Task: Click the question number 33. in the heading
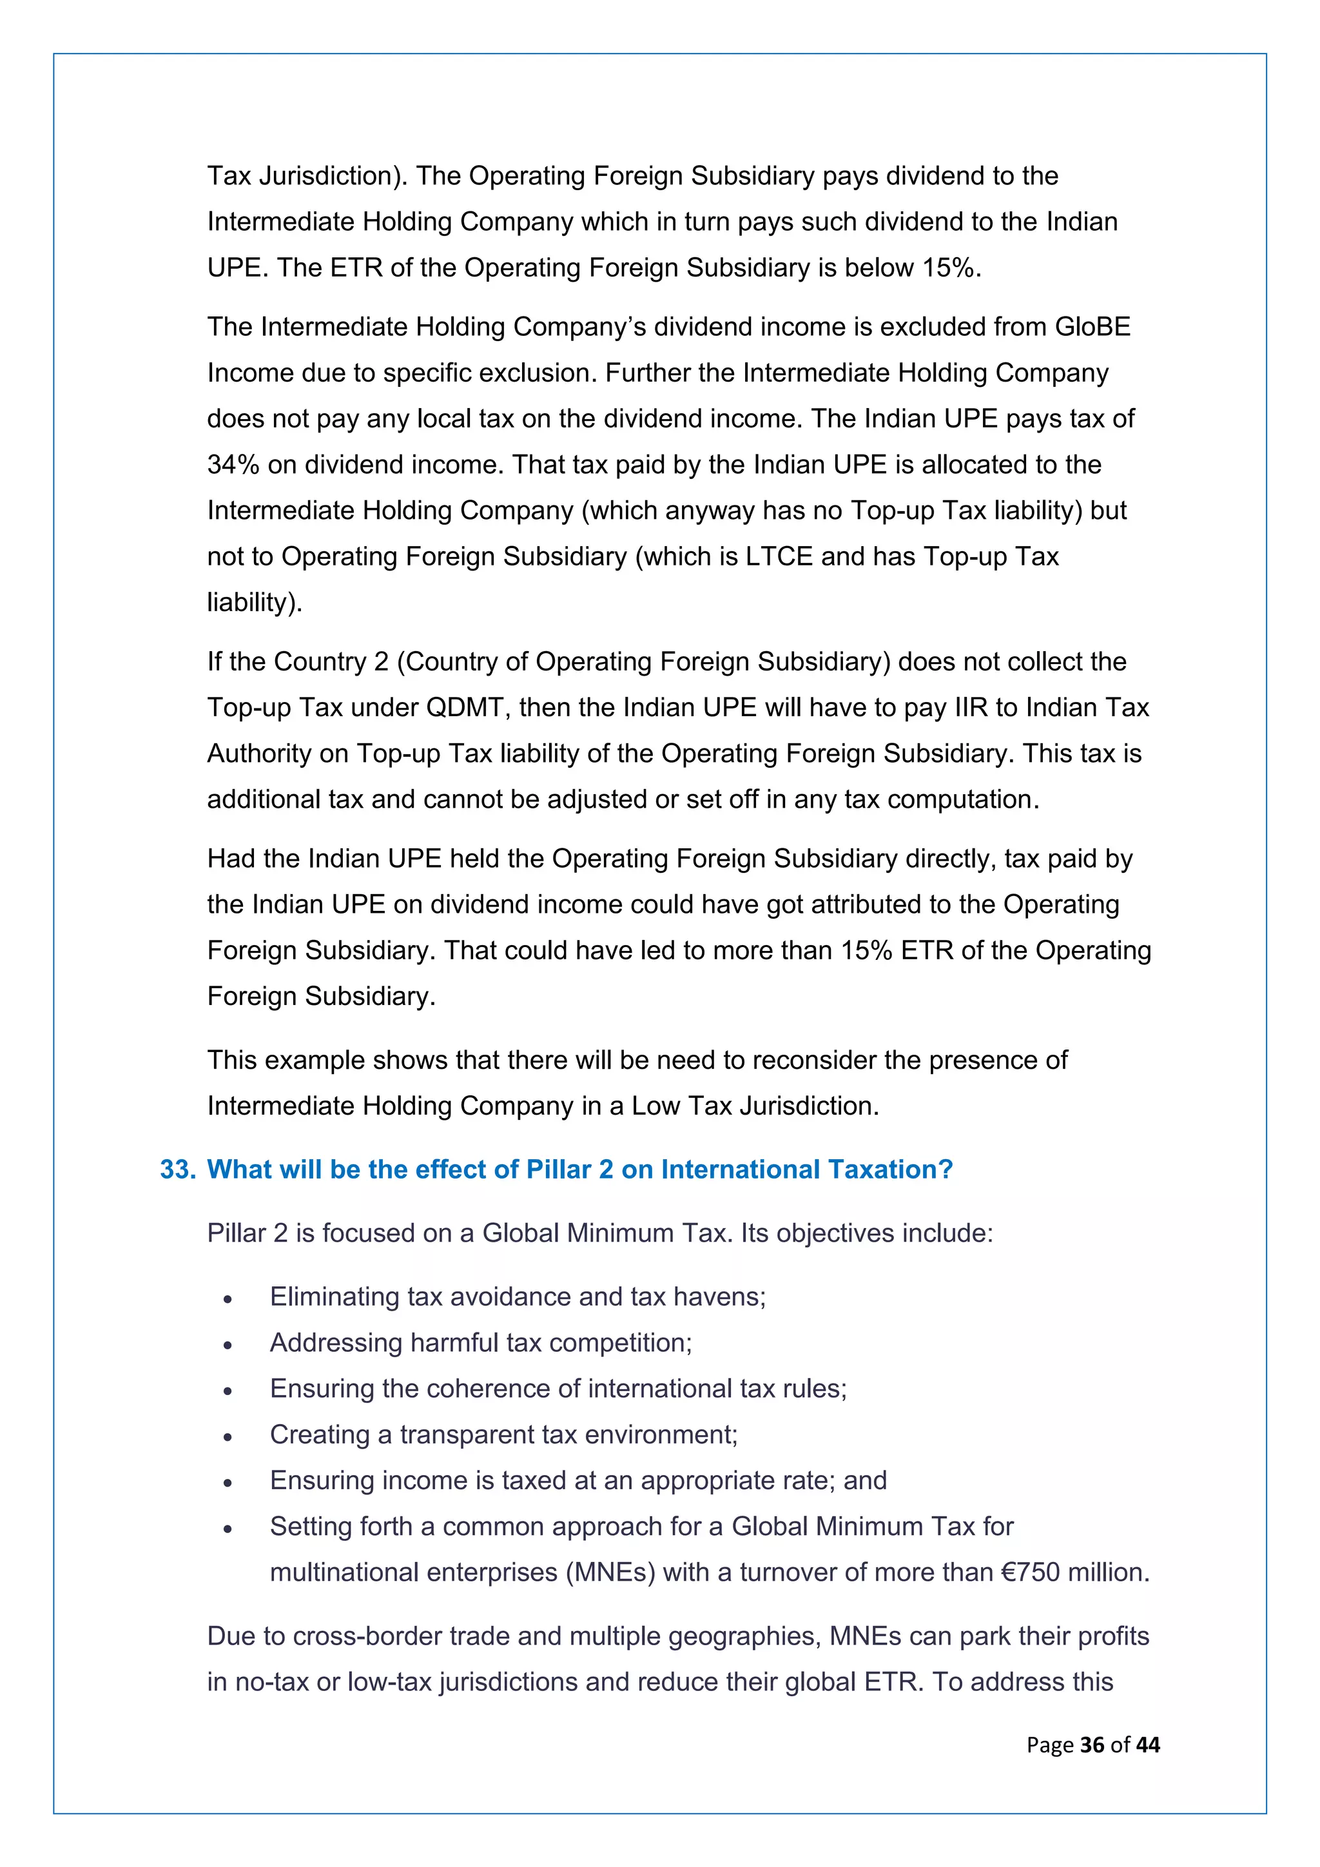(177, 1169)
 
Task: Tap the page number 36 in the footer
(1092, 1745)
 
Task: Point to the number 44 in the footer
(1148, 1745)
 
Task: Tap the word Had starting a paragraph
(231, 859)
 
